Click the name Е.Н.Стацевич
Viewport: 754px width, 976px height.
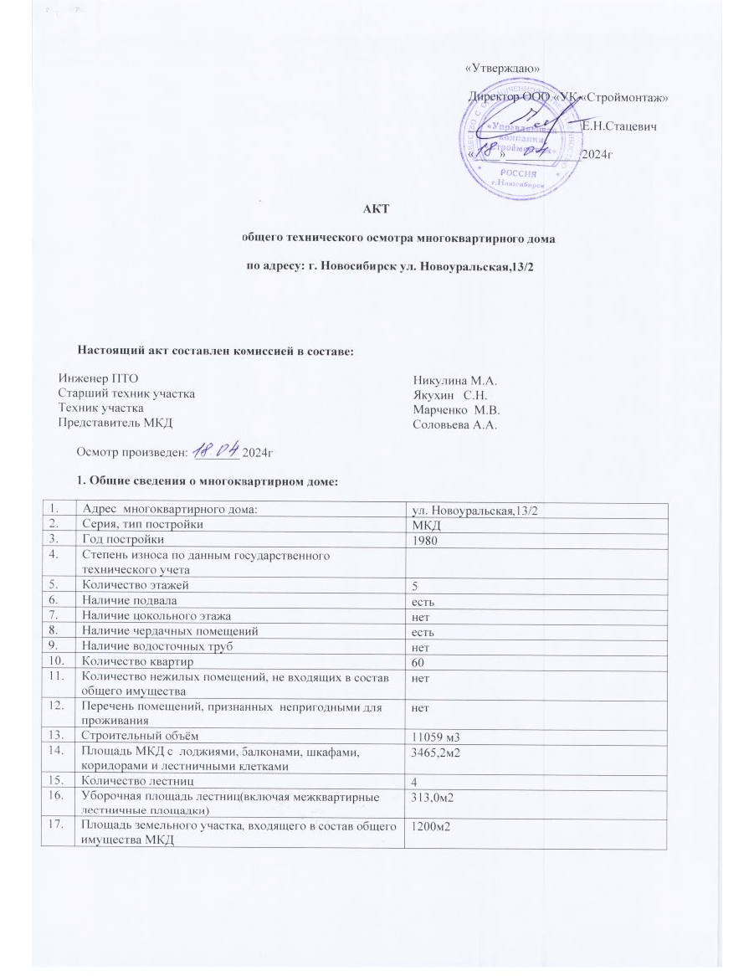(618, 127)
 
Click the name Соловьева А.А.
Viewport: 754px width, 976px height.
(455, 425)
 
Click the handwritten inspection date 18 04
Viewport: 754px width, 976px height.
(215, 451)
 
